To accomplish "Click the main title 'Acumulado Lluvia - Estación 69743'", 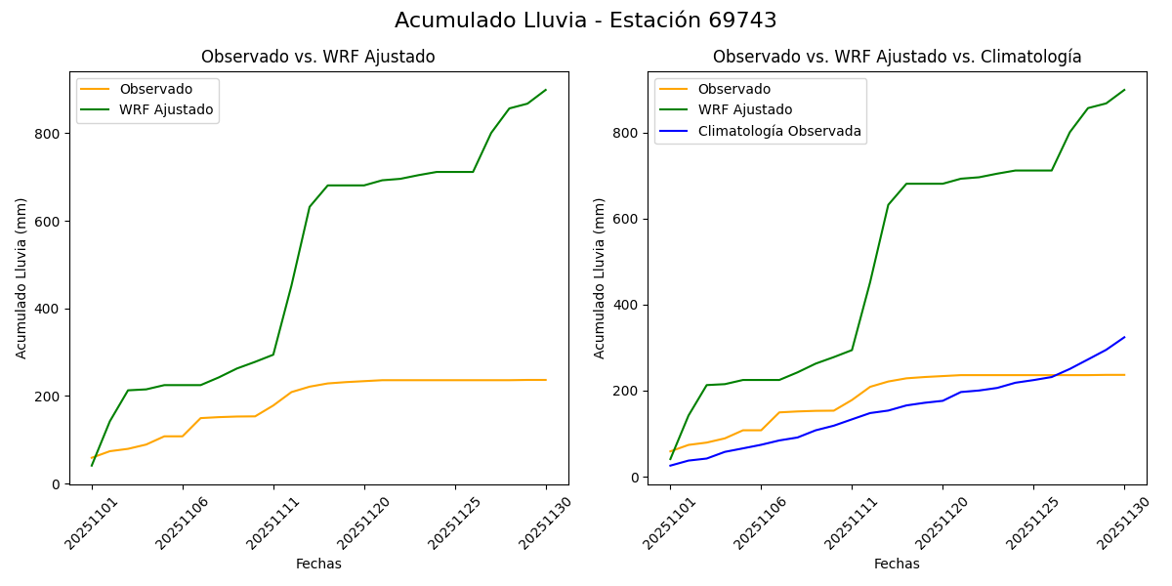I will (586, 21).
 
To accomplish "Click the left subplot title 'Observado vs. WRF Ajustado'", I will (317, 57).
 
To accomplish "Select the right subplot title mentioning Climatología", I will (897, 57).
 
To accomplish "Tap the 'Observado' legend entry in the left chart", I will (155, 89).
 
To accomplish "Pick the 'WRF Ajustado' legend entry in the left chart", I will (166, 109).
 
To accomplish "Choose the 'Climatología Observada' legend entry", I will (779, 131).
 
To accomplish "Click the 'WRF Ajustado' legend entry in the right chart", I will (744, 109).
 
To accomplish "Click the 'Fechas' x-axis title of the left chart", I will (318, 564).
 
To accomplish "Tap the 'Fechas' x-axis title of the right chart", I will (897, 564).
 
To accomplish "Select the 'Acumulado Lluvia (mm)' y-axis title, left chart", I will (21, 277).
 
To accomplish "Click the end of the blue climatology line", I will (1124, 337).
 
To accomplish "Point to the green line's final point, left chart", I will (546, 90).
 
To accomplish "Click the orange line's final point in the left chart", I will (546, 380).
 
